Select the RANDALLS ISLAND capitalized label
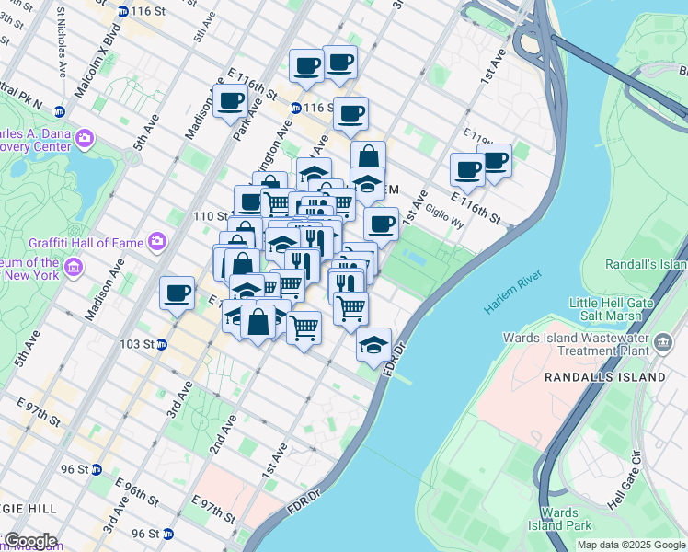(x=603, y=377)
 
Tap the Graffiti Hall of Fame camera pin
(x=157, y=242)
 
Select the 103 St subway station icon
(x=162, y=345)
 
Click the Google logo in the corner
(x=29, y=541)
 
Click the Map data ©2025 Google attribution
(x=630, y=545)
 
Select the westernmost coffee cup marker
(x=177, y=293)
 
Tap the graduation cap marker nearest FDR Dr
(x=373, y=345)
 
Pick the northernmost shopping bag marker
(x=368, y=156)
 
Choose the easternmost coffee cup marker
(x=495, y=161)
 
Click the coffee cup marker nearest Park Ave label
(x=231, y=101)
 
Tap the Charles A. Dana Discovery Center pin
(x=85, y=139)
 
